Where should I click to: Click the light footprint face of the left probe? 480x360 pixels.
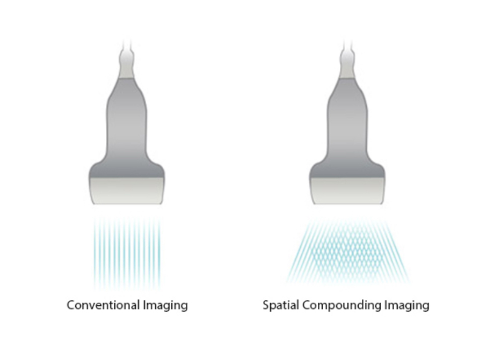[x=127, y=190]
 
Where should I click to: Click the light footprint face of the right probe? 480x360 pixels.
[x=347, y=190]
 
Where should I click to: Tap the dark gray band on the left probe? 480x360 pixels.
[x=127, y=170]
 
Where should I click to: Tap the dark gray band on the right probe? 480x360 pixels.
[x=347, y=170]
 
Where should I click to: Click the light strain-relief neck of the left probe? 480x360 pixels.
[x=127, y=67]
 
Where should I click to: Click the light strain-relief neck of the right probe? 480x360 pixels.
[x=347, y=67]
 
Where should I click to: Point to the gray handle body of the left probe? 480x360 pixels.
[x=127, y=118]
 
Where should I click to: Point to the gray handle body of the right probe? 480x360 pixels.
[x=347, y=118]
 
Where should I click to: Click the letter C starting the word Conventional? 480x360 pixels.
[x=71, y=305]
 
